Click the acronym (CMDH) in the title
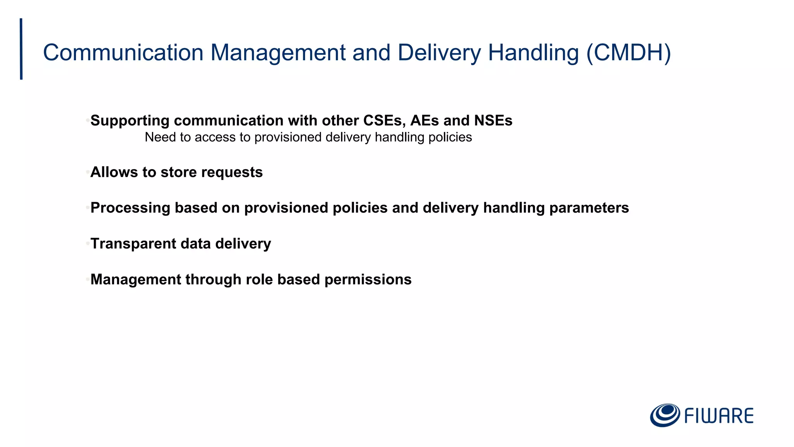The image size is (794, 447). pos(628,53)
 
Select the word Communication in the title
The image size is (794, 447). pos(123,53)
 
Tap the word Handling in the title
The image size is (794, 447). pos(533,53)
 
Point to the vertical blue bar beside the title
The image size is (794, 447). pos(21,49)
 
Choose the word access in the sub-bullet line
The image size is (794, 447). pos(212,137)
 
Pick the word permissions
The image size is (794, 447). pos(368,279)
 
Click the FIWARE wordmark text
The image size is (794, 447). pos(719,416)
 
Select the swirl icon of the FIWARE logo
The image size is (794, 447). pos(665,415)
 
